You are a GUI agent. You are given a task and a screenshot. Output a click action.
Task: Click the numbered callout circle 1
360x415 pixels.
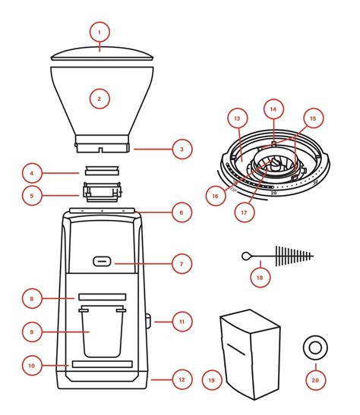tap(99, 33)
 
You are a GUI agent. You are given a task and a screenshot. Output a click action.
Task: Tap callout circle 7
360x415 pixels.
tap(182, 264)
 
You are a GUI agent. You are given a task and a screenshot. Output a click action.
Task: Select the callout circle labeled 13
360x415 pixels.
tap(238, 118)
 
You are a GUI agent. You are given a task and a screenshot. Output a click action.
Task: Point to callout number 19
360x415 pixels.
tap(211, 380)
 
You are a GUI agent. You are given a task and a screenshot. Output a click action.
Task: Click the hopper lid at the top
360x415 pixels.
tap(102, 54)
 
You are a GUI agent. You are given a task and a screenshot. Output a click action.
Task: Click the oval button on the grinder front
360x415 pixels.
tap(102, 262)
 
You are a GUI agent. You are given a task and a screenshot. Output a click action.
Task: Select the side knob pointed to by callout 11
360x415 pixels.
tap(148, 322)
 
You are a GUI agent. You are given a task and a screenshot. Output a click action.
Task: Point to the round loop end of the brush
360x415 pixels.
tap(245, 256)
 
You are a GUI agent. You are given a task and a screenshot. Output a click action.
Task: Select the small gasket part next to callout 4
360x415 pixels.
tap(102, 170)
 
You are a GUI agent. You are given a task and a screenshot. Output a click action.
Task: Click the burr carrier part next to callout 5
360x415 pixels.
tap(103, 192)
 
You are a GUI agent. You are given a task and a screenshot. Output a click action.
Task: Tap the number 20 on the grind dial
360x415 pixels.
tap(273, 193)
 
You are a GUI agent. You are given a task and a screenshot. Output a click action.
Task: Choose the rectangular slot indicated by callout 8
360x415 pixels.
tap(103, 297)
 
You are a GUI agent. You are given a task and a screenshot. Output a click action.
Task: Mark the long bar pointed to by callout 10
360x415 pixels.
tap(103, 364)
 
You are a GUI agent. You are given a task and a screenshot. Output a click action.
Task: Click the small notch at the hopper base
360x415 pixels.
tap(100, 150)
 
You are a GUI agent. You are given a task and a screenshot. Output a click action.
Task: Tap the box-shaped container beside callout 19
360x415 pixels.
tap(251, 354)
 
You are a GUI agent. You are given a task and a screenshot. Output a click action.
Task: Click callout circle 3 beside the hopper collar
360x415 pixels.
tap(182, 149)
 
